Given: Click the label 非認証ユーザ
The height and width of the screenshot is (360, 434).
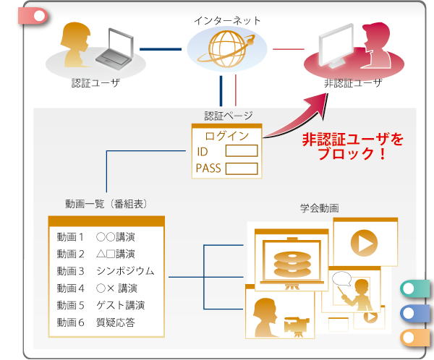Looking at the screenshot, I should coord(352,84).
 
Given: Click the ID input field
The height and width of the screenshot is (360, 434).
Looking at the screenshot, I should coord(242,152).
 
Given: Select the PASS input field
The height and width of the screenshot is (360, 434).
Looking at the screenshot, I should coord(242,169).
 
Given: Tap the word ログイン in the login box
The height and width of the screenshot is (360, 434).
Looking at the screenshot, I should coord(227,135).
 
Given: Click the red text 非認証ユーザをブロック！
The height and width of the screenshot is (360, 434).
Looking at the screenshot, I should coord(352,145).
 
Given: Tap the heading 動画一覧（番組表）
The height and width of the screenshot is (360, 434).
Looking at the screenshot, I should coord(106,205).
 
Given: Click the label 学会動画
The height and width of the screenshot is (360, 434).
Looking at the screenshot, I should coord(320,208).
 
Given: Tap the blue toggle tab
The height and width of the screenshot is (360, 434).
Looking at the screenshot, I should coord(414,313).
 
